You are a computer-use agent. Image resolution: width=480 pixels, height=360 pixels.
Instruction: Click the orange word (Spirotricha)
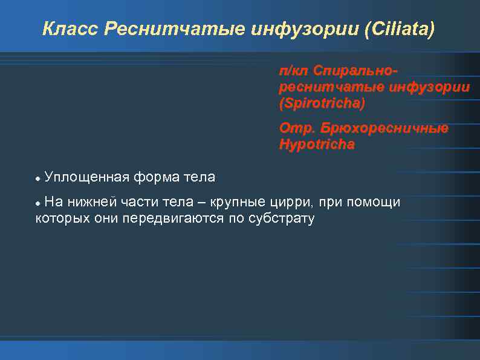coord(322,103)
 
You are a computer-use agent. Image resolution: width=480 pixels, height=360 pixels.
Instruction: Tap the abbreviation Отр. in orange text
coord(297,129)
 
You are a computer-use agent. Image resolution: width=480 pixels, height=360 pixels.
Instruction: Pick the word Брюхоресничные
coord(385,129)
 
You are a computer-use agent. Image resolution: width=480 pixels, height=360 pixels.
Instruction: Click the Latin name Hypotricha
coord(317,145)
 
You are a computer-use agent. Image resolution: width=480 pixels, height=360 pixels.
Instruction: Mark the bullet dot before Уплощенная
coord(38,179)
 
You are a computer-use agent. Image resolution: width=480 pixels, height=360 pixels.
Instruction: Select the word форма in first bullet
coord(156,177)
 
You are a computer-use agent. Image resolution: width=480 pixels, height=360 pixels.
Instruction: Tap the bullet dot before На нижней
coord(38,203)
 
